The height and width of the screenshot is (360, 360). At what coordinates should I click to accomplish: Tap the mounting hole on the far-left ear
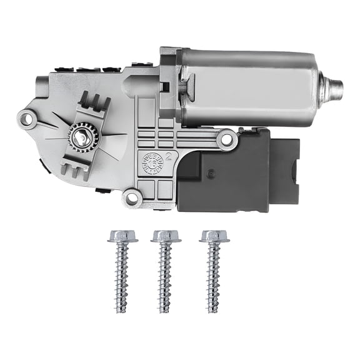tap(26, 116)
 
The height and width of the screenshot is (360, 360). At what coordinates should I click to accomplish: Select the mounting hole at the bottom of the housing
tap(131, 198)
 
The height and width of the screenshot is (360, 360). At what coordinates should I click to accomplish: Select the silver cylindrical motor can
tap(256, 87)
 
